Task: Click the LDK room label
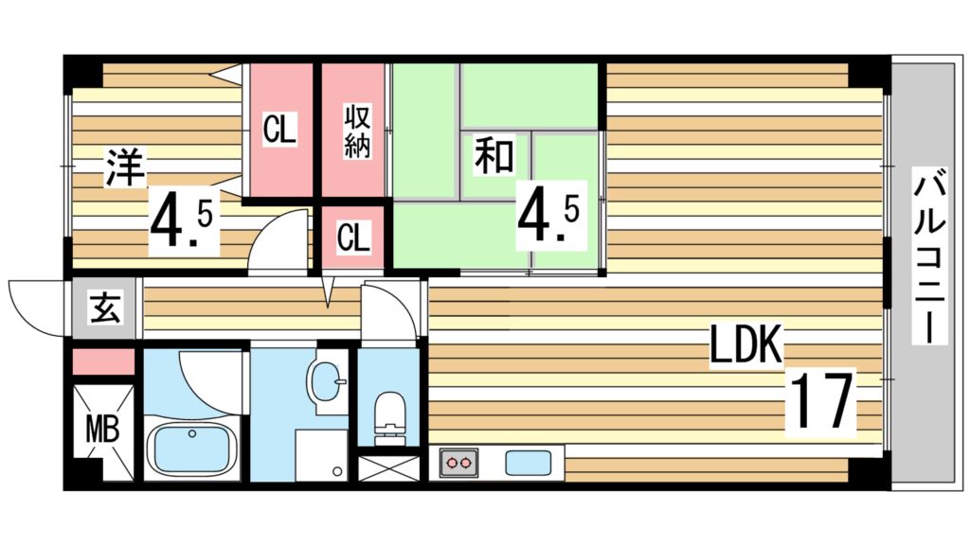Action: click(x=746, y=346)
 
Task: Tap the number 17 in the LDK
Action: click(x=822, y=401)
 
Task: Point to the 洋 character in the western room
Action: click(x=124, y=168)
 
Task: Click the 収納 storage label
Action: click(x=356, y=132)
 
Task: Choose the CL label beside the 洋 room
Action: click(x=279, y=130)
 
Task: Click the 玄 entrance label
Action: click(x=105, y=308)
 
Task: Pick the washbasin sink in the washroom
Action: click(x=328, y=381)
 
